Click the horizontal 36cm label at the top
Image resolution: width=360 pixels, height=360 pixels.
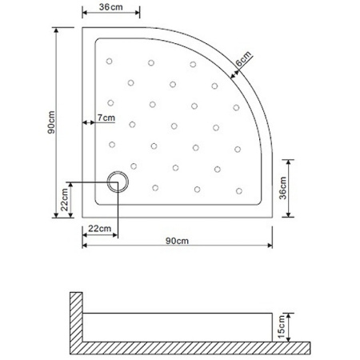(111, 6)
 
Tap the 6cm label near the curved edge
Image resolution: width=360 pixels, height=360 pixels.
(243, 59)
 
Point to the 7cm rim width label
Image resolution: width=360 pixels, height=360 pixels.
(105, 117)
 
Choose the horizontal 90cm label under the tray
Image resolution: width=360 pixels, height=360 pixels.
(177, 241)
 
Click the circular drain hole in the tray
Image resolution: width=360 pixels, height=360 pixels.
(118, 181)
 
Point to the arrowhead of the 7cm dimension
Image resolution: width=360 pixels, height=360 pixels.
(84, 123)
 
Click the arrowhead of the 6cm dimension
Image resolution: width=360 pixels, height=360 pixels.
(231, 77)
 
